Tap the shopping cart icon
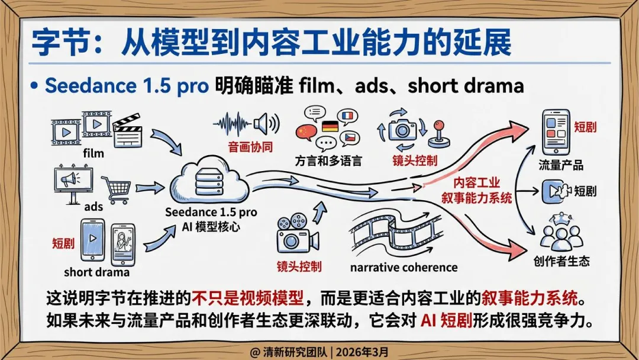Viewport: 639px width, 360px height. (116, 188)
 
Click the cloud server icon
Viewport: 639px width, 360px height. (211, 177)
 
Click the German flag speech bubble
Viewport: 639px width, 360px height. (329, 126)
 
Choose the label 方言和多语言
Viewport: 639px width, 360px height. (328, 161)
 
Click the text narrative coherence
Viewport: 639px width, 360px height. (404, 268)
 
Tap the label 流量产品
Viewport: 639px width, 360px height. (561, 165)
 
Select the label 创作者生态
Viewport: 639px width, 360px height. (561, 261)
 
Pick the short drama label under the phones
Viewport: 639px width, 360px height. (96, 273)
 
